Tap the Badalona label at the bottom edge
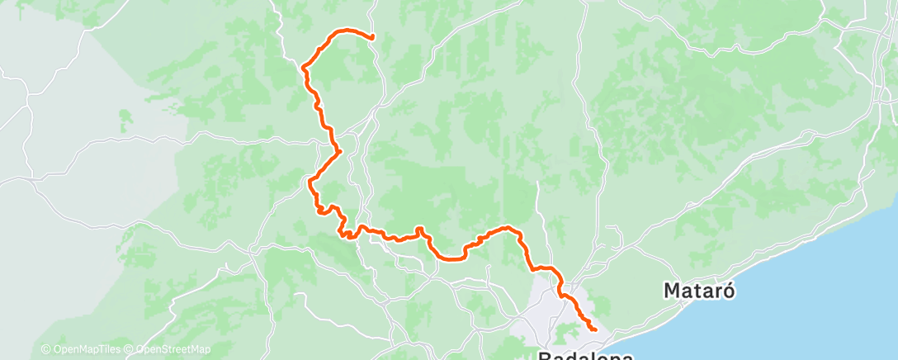click(585, 356)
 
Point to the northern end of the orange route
click(373, 37)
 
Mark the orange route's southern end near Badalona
click(595, 330)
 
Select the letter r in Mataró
click(719, 291)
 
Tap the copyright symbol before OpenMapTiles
click(45, 350)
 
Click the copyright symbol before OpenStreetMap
click(130, 350)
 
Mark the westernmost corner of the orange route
click(303, 66)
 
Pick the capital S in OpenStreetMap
click(164, 350)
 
